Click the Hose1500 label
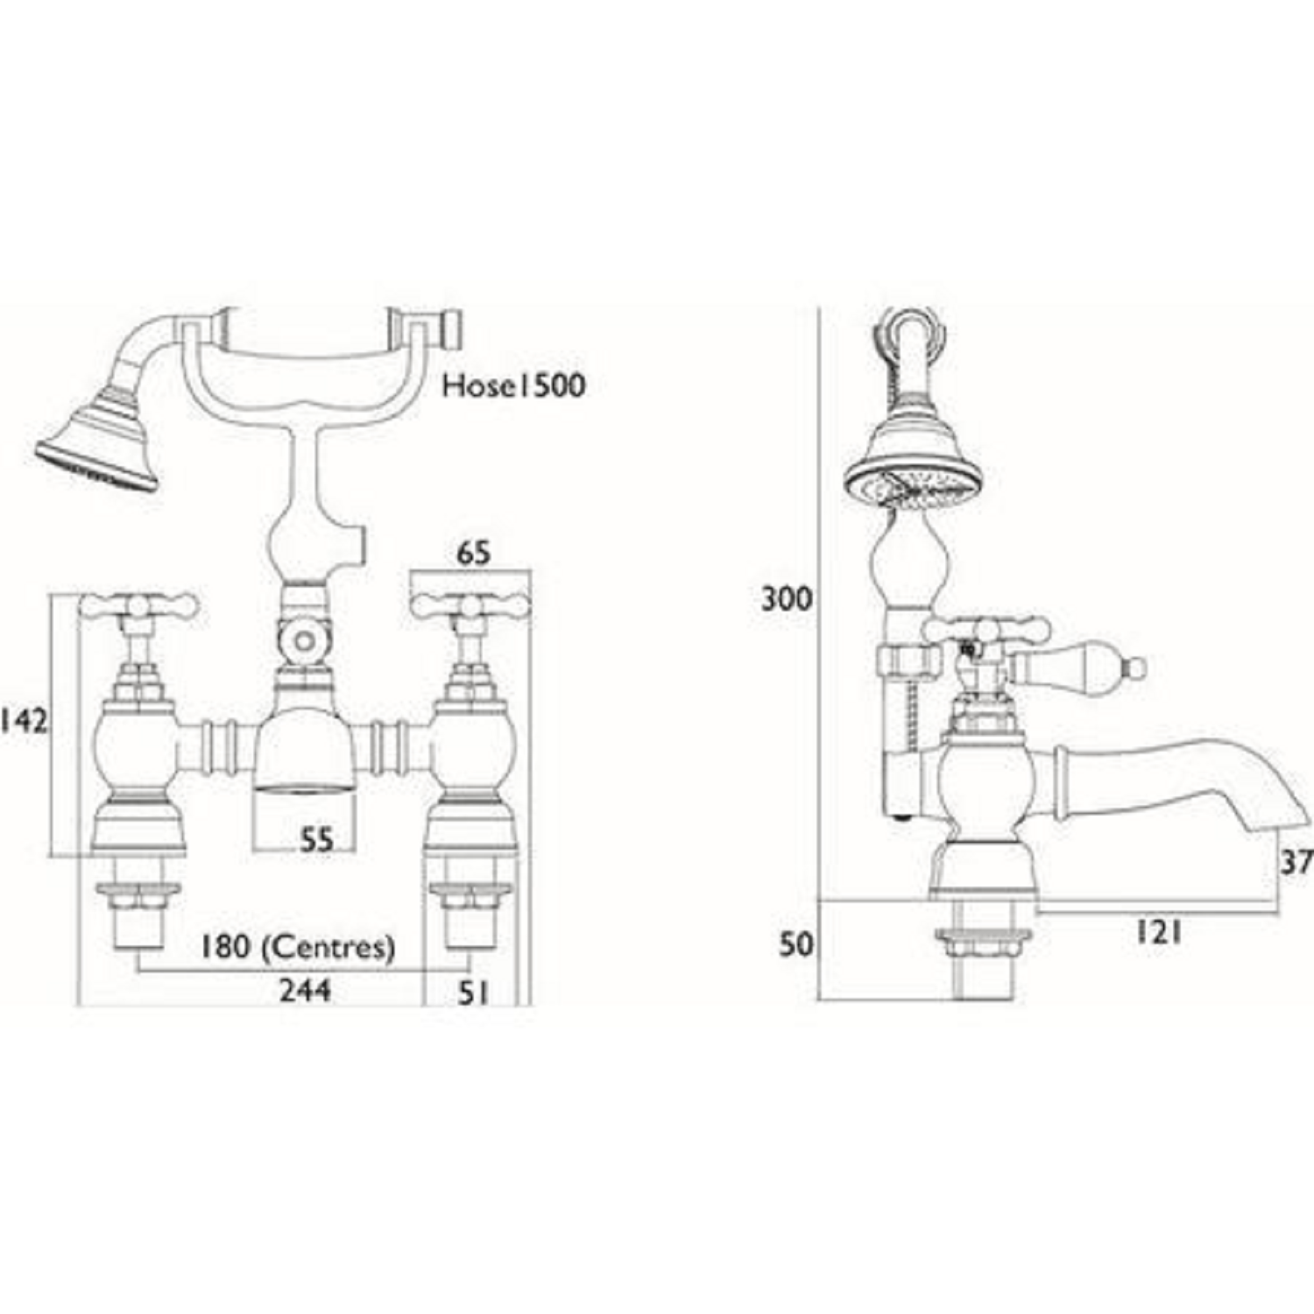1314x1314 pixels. click(513, 385)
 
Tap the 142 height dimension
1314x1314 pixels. click(25, 721)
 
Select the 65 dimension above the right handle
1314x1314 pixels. click(473, 554)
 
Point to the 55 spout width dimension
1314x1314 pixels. click(316, 840)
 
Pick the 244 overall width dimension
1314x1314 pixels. click(305, 990)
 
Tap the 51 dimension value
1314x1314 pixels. click(472, 993)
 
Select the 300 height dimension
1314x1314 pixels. click(786, 600)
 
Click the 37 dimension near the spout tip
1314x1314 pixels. click(1296, 863)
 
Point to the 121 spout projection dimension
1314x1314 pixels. click(1158, 933)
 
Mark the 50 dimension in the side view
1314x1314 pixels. click(796, 944)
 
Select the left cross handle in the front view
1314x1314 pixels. click(139, 605)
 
